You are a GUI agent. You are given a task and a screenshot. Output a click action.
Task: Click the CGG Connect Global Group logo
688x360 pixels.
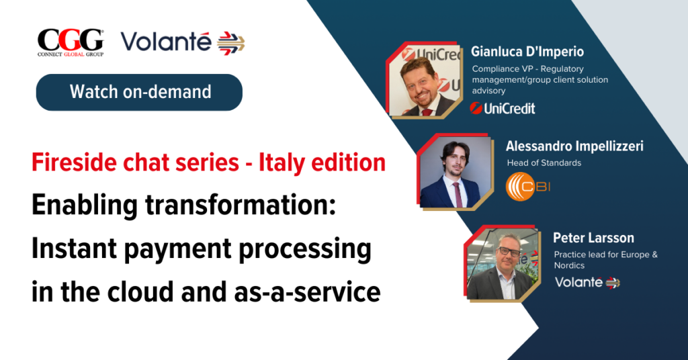click(x=71, y=43)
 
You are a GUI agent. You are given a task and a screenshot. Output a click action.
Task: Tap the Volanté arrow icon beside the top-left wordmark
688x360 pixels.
click(x=231, y=44)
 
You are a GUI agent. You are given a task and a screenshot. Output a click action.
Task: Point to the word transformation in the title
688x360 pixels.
click(x=240, y=206)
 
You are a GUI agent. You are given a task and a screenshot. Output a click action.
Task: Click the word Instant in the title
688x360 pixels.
click(x=73, y=249)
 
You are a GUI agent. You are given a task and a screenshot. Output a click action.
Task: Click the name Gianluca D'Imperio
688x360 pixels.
click(x=527, y=52)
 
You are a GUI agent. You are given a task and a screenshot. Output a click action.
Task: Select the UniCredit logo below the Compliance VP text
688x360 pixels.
click(x=503, y=108)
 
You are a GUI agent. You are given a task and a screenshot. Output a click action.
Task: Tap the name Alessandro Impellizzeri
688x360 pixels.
click(x=574, y=146)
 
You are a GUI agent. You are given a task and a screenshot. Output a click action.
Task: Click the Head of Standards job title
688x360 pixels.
click(x=544, y=163)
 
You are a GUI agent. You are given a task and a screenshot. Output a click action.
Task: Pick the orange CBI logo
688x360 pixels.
click(x=528, y=187)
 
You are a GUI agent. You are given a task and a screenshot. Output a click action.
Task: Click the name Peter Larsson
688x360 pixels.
click(x=593, y=238)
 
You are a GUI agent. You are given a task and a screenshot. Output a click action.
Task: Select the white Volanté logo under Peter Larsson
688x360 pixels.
click(x=587, y=282)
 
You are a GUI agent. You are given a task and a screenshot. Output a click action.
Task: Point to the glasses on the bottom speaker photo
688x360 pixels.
click(x=508, y=252)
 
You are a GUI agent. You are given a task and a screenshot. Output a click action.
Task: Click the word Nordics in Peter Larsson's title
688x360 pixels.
click(x=569, y=265)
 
